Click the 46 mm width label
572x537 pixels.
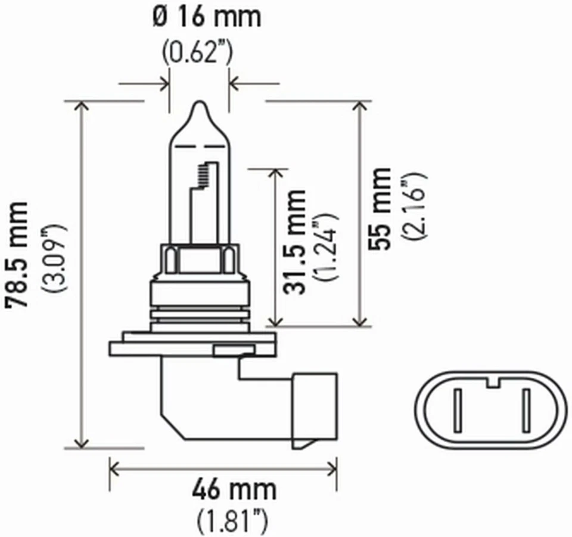234,490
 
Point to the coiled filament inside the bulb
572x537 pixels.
203,174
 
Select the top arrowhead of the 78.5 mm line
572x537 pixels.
82,106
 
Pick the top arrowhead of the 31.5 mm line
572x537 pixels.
275,174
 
